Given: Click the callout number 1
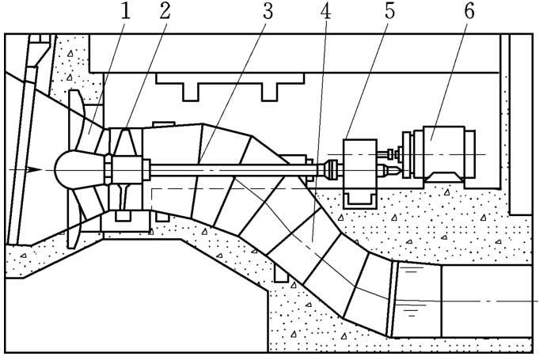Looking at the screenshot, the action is (126, 11).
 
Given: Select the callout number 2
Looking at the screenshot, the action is (165, 11).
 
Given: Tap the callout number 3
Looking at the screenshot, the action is (268, 11).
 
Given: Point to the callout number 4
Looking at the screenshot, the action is (325, 11).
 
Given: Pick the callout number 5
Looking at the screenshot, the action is (390, 11).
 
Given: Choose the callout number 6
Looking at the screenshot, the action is (469, 11).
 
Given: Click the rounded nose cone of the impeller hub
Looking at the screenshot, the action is (66, 169).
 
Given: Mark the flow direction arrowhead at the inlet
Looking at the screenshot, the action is (34, 169).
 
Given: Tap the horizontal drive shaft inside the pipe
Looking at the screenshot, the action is (234, 169).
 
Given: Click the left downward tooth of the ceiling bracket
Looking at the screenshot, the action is (191, 92).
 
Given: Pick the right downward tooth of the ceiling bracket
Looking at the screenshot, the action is (270, 92).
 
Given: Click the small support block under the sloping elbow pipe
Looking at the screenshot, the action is (281, 272).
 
